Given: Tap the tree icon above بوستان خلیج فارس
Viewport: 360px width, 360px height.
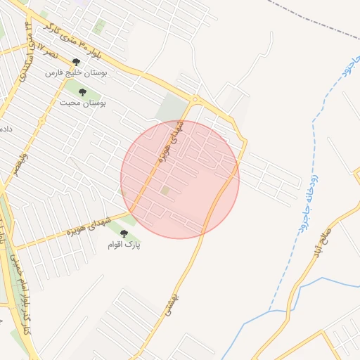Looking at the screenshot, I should (76, 63).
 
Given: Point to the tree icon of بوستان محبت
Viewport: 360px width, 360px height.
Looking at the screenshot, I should (82, 92).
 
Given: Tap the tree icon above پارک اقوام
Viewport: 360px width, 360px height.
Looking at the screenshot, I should (124, 234).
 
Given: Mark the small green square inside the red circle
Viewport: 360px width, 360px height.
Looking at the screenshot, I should (165, 190).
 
